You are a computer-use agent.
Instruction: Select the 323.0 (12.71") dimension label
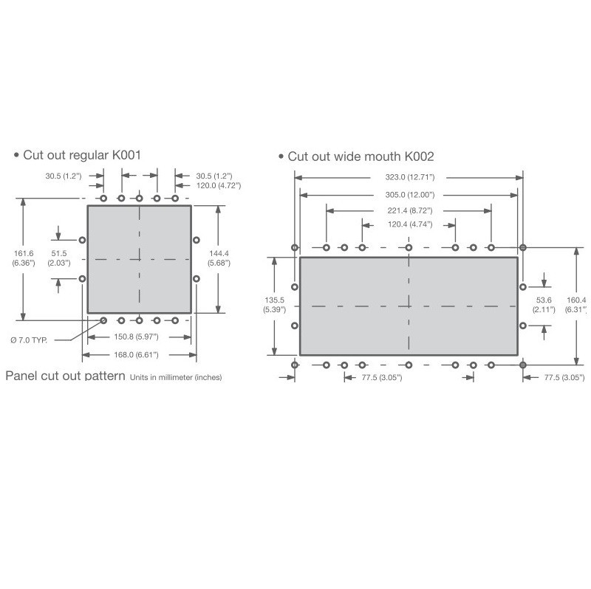[410, 177]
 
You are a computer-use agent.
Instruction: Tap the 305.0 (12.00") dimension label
[410, 195]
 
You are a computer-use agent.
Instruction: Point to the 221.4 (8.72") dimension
[410, 211]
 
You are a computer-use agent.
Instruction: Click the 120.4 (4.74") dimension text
[410, 225]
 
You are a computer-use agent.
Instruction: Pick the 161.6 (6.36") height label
[24, 258]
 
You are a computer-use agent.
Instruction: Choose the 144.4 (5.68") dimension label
[219, 258]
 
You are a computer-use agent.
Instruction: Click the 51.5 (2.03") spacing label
[59, 258]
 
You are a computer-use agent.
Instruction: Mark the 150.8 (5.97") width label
[136, 337]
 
